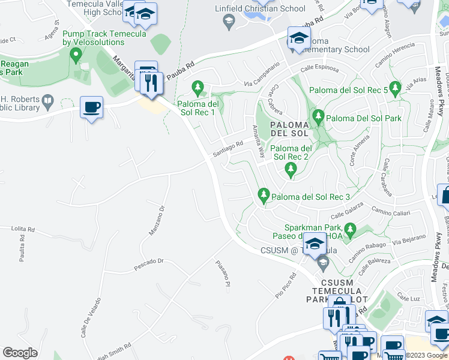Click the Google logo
click(x=20, y=353)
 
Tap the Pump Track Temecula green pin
click(x=76, y=56)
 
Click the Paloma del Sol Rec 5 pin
click(x=395, y=89)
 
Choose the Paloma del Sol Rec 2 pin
click(x=291, y=170)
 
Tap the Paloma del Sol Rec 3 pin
click(x=263, y=195)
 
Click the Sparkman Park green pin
click(x=351, y=229)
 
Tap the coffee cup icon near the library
click(x=91, y=108)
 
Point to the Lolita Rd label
click(x=23, y=229)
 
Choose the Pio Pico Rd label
click(x=286, y=287)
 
